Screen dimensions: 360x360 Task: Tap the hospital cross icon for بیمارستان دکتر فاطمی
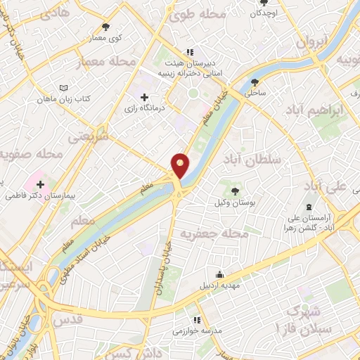pos(41,184)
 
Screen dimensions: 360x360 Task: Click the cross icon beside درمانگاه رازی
pos(144,97)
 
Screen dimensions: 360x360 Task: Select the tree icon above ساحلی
pos(255,82)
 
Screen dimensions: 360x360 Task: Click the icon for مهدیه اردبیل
pos(221,275)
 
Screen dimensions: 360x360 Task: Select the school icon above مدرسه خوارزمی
pos(186,319)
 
